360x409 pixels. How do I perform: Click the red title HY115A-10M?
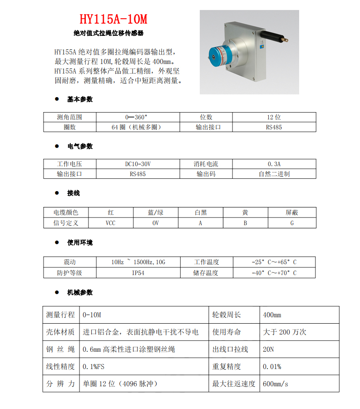(113, 20)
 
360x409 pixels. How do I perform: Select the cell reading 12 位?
(274, 117)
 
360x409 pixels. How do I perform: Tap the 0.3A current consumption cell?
(274, 163)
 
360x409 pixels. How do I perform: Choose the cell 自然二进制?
(274, 174)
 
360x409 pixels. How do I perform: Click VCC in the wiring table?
(110, 223)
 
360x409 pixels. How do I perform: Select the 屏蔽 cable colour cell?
(292, 212)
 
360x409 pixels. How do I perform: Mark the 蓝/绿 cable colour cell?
(155, 212)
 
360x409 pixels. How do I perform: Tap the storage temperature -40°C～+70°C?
(274, 273)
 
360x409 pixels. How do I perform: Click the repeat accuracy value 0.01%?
(272, 366)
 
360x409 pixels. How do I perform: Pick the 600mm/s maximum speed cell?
(276, 384)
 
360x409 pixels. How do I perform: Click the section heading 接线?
(74, 193)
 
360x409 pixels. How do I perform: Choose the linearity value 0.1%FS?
(94, 366)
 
